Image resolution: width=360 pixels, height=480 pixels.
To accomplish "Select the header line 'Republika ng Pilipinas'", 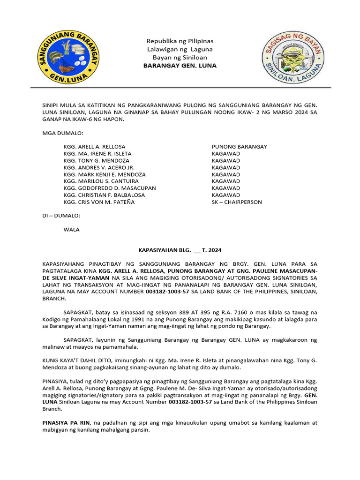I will pyautogui.click(x=180, y=41).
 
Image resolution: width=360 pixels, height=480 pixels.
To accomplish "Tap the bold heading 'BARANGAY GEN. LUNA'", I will pyautogui.click(x=180, y=66).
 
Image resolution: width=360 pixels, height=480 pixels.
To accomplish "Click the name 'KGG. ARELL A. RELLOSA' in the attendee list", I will pyautogui.click(x=94, y=147).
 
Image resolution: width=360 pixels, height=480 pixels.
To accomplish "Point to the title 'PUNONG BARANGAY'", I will pyautogui.click(x=239, y=147).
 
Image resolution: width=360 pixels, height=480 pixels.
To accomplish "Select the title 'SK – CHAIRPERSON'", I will pyautogui.click(x=237, y=202).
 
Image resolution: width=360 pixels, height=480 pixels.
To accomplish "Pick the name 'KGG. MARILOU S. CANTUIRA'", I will pyautogui.click(x=101, y=181).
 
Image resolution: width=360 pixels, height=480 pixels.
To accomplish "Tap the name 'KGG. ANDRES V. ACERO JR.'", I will pyautogui.click(x=99, y=167).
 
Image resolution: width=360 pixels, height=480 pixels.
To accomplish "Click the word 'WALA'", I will pyautogui.click(x=71, y=230).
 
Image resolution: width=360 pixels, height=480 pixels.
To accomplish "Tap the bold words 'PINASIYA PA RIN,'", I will pyautogui.click(x=65, y=422).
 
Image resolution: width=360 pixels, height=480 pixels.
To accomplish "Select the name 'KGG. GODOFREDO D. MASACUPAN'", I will pyautogui.click(x=110, y=188).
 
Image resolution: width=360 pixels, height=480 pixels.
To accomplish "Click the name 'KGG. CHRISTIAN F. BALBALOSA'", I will pyautogui.click(x=104, y=195).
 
